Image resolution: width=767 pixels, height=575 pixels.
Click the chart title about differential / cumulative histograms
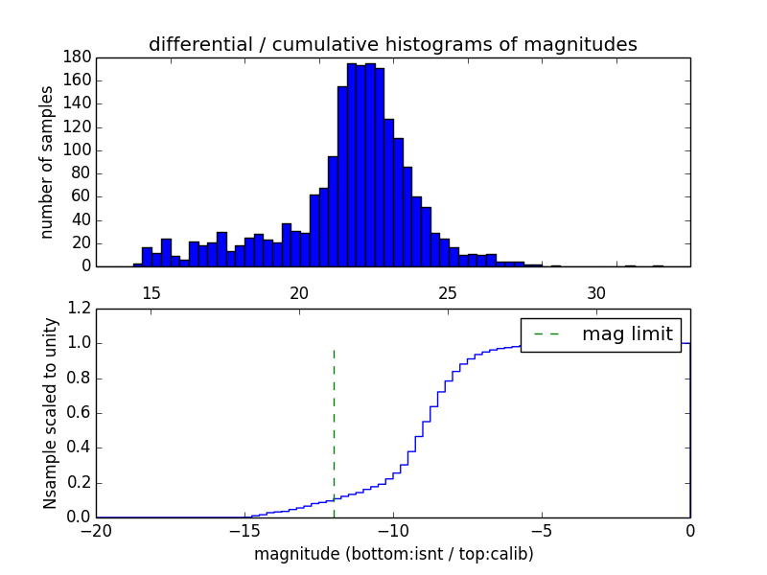pyautogui.click(x=393, y=44)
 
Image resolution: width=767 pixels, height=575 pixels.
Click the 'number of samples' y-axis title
pyautogui.click(x=47, y=162)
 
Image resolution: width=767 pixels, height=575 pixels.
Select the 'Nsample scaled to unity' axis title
pyautogui.click(x=50, y=413)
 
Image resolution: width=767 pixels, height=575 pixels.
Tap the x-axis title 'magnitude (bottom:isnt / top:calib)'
pyautogui.click(x=393, y=554)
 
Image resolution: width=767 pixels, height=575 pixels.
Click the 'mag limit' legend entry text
pyautogui.click(x=627, y=334)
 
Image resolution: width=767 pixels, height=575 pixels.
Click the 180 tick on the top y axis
pyautogui.click(x=78, y=57)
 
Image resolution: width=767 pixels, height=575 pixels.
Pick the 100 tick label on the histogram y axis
pyautogui.click(x=78, y=150)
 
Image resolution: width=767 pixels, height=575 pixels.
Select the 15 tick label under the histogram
pyautogui.click(x=151, y=292)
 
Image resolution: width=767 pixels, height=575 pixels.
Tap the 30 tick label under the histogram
pyautogui.click(x=596, y=292)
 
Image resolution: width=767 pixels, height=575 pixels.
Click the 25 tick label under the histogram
pyautogui.click(x=448, y=292)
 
